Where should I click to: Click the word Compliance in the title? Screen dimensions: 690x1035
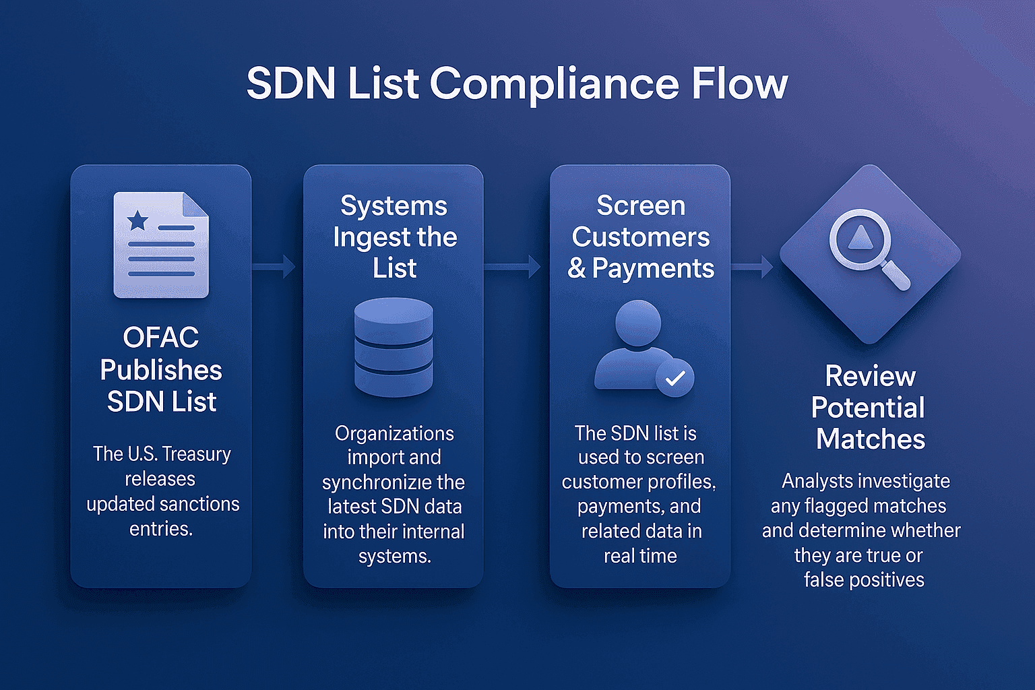(x=553, y=84)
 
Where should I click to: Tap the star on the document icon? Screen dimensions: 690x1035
(x=138, y=220)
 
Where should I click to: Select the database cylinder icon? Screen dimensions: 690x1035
(x=394, y=347)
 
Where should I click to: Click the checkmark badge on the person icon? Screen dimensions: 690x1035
(x=675, y=378)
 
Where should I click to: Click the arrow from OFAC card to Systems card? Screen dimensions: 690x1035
(x=274, y=267)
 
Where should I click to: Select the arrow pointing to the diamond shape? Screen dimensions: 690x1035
(x=753, y=267)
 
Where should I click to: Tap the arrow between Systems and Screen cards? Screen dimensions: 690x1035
(x=514, y=267)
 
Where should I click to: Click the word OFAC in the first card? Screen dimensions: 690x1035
(x=161, y=338)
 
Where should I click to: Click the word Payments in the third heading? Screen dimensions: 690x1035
(x=653, y=268)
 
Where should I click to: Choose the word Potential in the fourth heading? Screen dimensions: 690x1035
(x=868, y=408)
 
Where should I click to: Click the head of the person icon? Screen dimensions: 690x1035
(x=637, y=322)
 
